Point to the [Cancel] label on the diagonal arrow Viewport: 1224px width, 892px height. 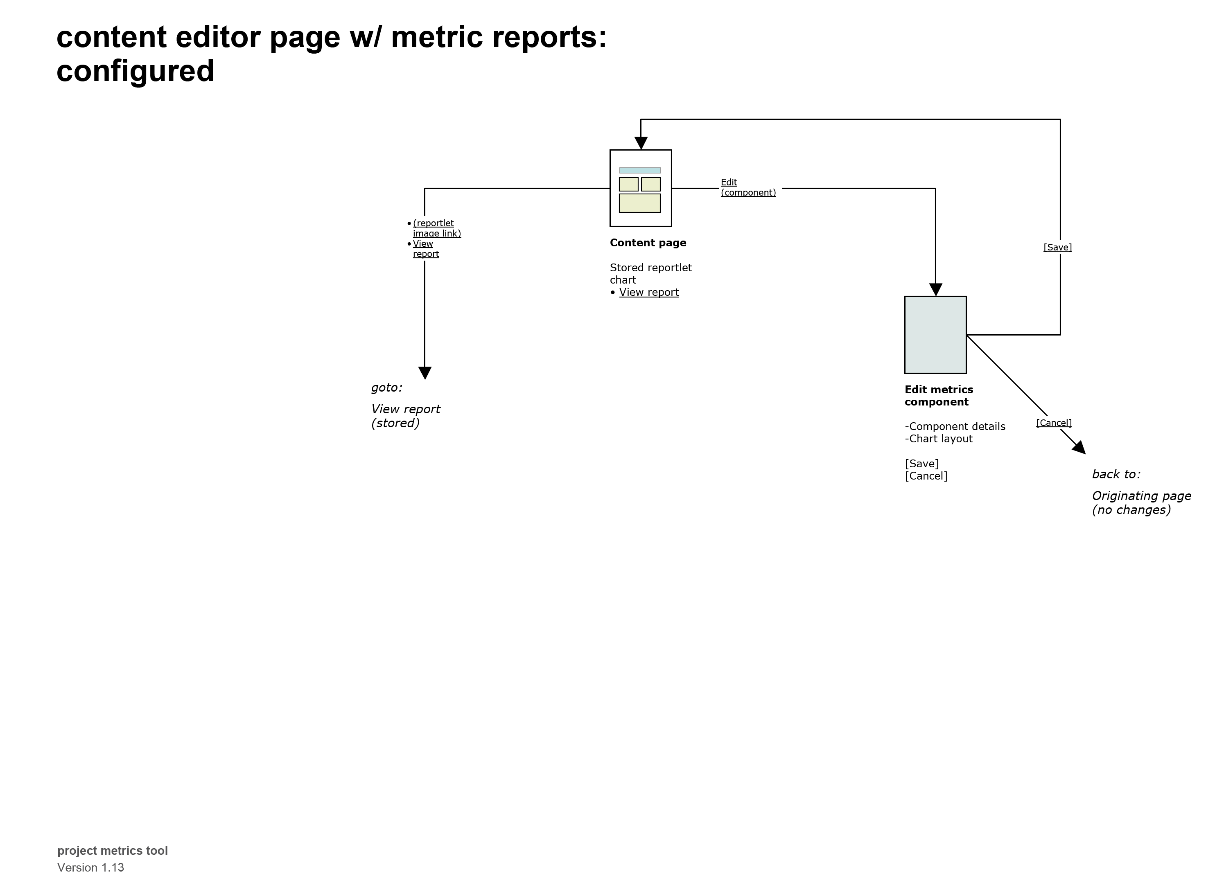pyautogui.click(x=1053, y=423)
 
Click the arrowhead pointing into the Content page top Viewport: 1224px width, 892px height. pyautogui.click(x=641, y=143)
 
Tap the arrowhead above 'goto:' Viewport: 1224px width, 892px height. pyautogui.click(x=425, y=373)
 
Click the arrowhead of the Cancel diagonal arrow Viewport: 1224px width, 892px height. pyautogui.click(x=1079, y=448)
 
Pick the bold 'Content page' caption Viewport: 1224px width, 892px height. pyautogui.click(x=648, y=243)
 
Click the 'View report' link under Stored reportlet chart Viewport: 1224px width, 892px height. pyautogui.click(x=649, y=293)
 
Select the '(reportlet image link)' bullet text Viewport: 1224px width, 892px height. pyautogui.click(x=436, y=228)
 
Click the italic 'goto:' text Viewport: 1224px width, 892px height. pyautogui.click(x=386, y=387)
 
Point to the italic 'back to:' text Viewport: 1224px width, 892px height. pyautogui.click(x=1116, y=474)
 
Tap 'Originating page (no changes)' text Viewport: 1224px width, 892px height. pyautogui.click(x=1141, y=503)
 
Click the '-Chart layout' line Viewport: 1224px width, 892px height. pyautogui.click(x=938, y=439)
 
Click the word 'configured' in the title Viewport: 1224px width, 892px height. pyautogui.click(x=135, y=71)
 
